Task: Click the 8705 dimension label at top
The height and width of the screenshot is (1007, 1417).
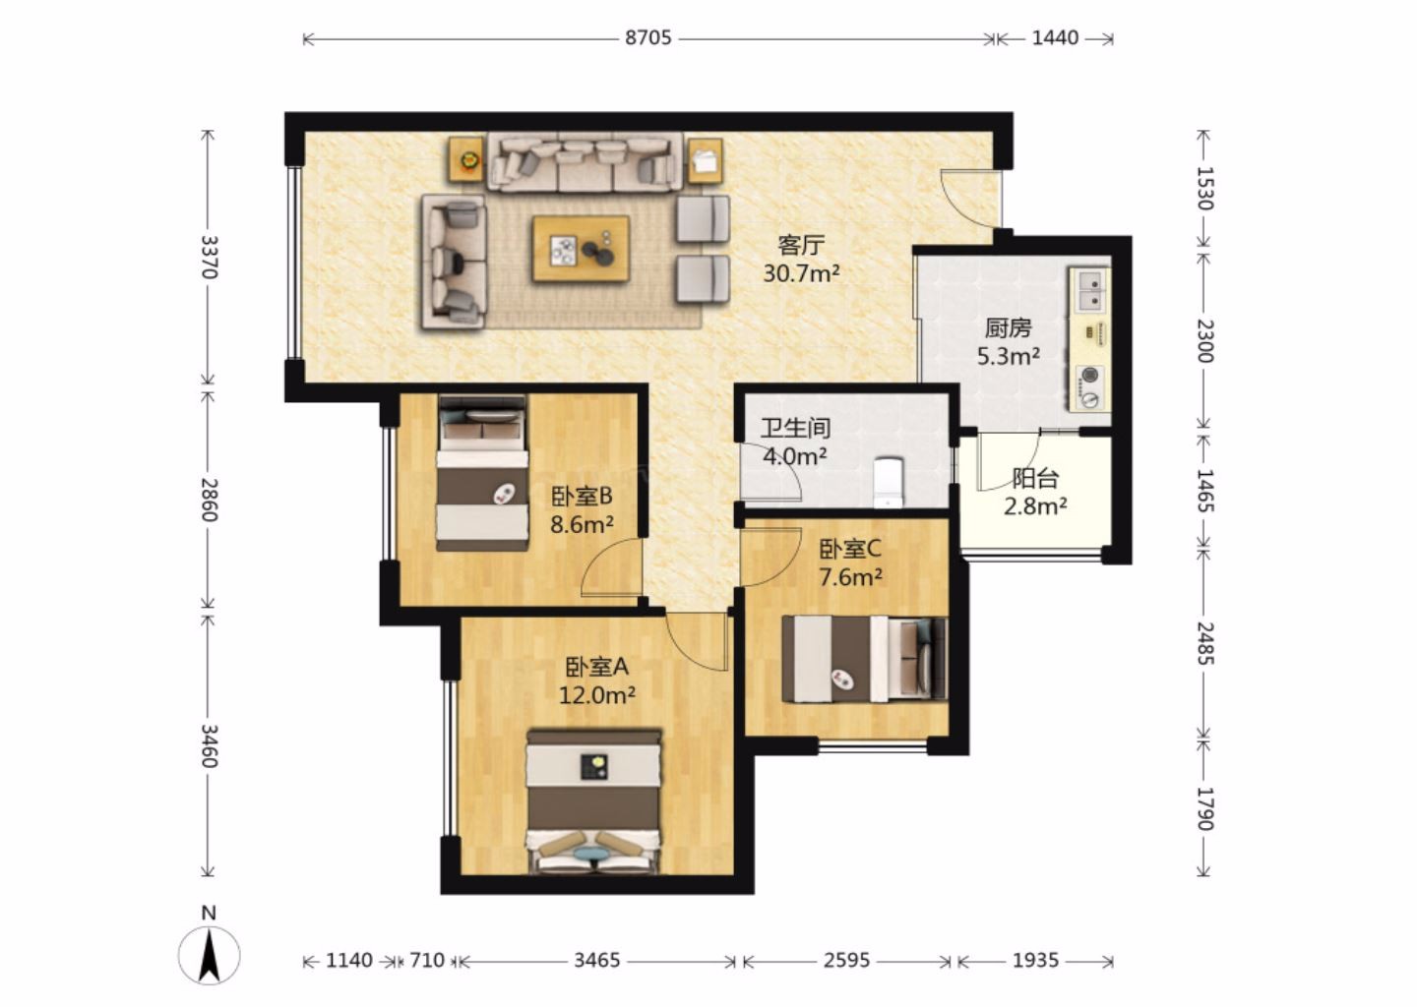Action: pyautogui.click(x=647, y=38)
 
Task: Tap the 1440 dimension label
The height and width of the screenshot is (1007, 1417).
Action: pyautogui.click(x=1055, y=38)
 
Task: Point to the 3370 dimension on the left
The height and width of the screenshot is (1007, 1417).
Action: pyautogui.click(x=209, y=257)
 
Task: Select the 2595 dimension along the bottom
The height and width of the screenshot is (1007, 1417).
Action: pyautogui.click(x=846, y=960)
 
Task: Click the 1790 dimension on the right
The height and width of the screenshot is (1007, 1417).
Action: pyautogui.click(x=1204, y=808)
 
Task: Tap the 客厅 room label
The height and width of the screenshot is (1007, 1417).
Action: pyautogui.click(x=801, y=245)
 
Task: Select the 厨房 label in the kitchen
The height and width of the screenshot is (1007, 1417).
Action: pyautogui.click(x=1009, y=328)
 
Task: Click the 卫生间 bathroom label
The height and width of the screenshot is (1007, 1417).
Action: pyautogui.click(x=796, y=428)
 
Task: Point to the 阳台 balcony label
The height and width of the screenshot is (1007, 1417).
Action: pyautogui.click(x=1035, y=479)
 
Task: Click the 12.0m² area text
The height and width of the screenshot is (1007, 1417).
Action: pyautogui.click(x=596, y=695)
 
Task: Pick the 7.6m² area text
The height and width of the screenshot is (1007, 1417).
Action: pyautogui.click(x=850, y=577)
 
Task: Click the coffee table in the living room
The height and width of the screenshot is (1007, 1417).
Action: pyautogui.click(x=581, y=249)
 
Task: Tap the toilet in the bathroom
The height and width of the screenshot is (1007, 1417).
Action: pyautogui.click(x=889, y=482)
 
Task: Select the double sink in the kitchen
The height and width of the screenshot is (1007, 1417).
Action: pyautogui.click(x=1089, y=289)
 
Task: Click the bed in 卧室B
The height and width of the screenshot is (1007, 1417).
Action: pyautogui.click(x=482, y=473)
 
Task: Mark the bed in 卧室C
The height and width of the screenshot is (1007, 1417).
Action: pyautogui.click(x=864, y=659)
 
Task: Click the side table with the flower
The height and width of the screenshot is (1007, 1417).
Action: pyautogui.click(x=468, y=160)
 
